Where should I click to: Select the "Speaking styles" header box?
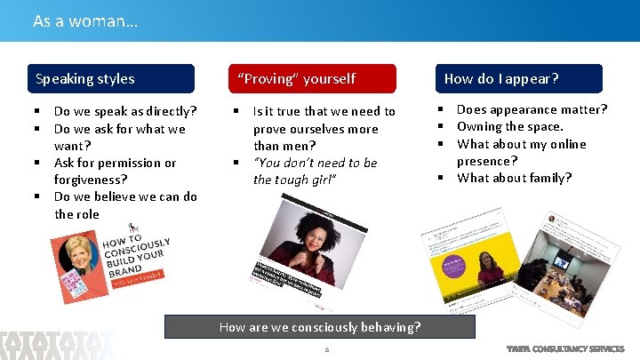110,79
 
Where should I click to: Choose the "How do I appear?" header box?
518,79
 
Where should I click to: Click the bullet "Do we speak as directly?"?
124,111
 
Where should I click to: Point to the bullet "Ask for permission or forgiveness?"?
115,171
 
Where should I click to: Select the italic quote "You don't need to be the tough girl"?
315,171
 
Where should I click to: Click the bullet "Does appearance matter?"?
532,109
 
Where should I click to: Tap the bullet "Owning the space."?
509,126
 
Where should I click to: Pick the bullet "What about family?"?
514,178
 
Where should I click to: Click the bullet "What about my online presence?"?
521,152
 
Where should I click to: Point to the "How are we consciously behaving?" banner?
320,327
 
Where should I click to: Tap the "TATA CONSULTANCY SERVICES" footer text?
564,348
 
